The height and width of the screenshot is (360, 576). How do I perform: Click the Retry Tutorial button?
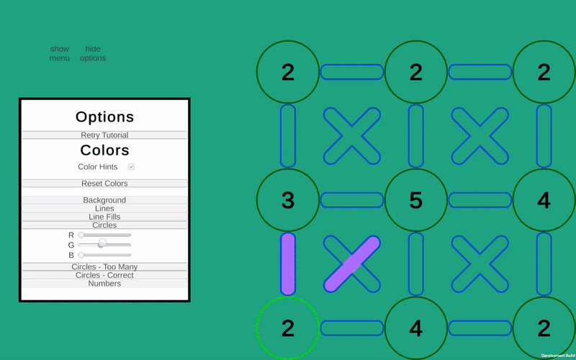click(104, 135)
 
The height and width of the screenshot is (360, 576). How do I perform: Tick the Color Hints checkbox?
click(131, 167)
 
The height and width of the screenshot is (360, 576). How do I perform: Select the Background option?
click(104, 200)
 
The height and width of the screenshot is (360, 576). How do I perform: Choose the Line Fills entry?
click(104, 217)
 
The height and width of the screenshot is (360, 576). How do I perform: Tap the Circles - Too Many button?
click(104, 266)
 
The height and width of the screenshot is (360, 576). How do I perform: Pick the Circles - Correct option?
click(104, 275)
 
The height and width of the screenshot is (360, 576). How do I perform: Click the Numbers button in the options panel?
click(104, 284)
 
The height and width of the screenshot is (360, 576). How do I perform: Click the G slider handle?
click(102, 243)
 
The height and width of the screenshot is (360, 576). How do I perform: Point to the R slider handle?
click(81, 235)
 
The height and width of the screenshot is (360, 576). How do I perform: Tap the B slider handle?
click(81, 255)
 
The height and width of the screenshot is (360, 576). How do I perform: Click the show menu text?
click(60, 53)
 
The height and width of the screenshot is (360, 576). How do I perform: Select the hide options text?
click(93, 53)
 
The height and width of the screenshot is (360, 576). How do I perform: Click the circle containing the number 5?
click(416, 200)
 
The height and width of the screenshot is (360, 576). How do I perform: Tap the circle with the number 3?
click(288, 200)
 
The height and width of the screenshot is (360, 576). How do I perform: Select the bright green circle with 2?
click(288, 328)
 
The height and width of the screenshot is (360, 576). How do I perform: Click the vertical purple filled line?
click(288, 264)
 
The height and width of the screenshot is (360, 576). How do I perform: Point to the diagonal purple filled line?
click(352, 264)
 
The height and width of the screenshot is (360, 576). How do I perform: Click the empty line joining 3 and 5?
click(352, 200)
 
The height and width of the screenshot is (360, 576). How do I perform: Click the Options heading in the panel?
click(104, 117)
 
